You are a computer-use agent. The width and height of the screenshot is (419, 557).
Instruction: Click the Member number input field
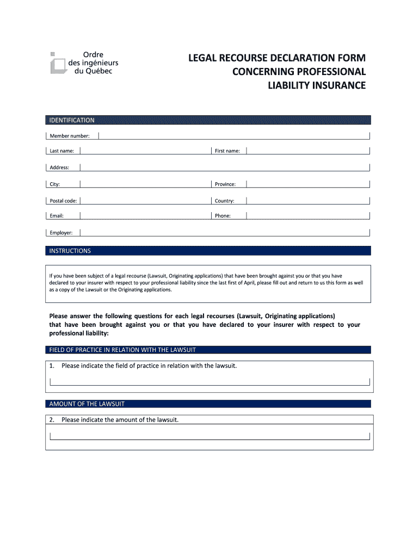(234, 135)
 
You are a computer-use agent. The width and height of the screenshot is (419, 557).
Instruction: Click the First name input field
(308, 151)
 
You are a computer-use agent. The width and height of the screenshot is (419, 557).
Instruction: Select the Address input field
(225, 167)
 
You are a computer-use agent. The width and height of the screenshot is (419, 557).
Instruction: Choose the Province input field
(308, 184)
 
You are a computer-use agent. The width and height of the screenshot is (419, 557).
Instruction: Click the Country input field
(308, 200)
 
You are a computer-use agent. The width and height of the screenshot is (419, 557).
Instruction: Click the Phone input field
(308, 215)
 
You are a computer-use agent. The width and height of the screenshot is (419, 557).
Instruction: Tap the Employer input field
(225, 232)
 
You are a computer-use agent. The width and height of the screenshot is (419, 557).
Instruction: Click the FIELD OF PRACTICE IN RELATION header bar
(208, 350)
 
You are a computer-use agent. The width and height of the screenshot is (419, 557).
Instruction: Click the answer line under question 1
(209, 382)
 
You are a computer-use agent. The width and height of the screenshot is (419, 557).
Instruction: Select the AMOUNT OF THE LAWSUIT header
(208, 404)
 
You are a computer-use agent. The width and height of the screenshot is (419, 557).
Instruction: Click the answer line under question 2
(209, 436)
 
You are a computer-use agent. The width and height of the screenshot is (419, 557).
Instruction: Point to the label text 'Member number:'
(70, 136)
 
